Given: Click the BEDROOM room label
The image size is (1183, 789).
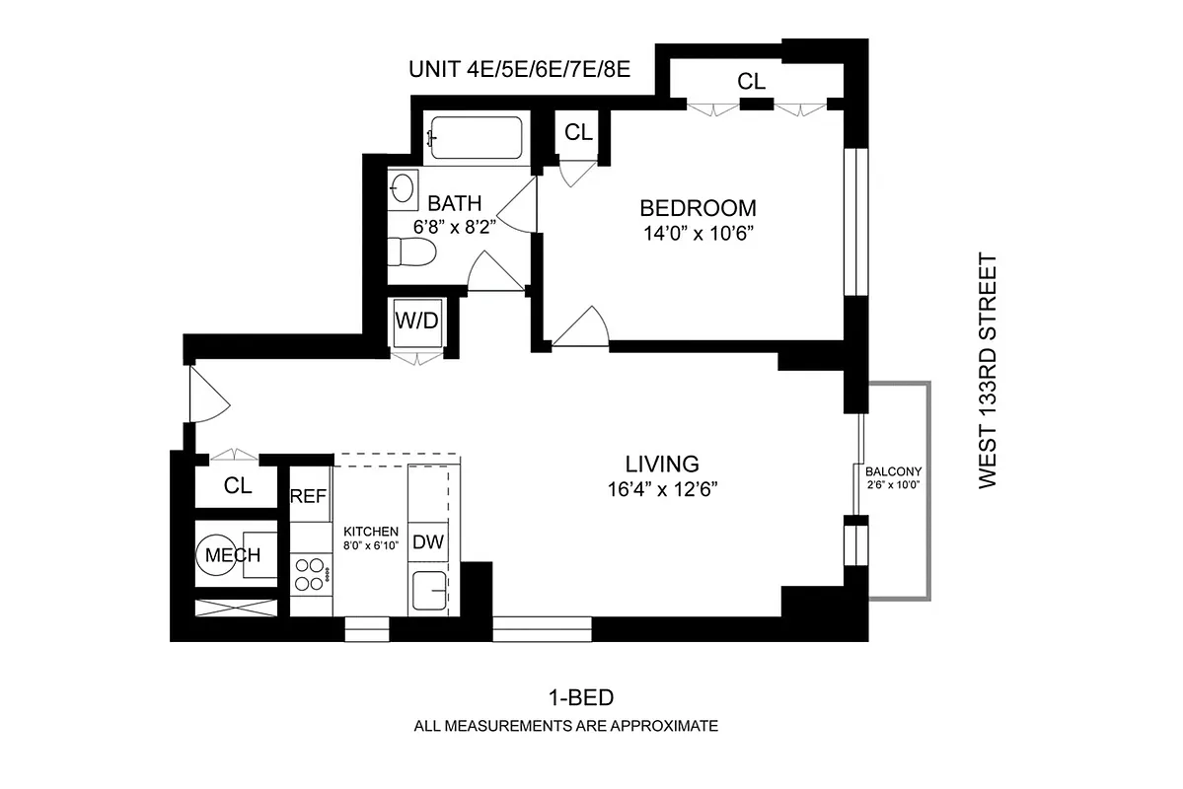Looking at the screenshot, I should pos(698,208).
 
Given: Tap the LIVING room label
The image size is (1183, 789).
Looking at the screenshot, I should pos(662,464).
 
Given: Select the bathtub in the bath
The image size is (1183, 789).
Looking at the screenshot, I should pos(476,139).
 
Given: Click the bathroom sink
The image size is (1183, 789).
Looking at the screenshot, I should pos(403,187).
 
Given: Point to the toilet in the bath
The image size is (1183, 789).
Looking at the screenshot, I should pos(409,254).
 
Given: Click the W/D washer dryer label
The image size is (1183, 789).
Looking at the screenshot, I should pos(415,321).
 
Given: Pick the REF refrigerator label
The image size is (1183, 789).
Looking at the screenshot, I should pos(308,497).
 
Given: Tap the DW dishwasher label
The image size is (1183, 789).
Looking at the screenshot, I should pos(427,541).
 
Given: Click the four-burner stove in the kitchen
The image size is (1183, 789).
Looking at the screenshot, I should pos(310,574).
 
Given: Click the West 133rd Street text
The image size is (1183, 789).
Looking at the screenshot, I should pos(988,370).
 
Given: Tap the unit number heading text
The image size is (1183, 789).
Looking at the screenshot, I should pos(519,70).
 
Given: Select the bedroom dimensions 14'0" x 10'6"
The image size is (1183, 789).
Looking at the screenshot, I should pos(698,234).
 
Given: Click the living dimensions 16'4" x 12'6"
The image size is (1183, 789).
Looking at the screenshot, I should pos(662,489).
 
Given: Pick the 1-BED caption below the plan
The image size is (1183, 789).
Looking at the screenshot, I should pos(581,698).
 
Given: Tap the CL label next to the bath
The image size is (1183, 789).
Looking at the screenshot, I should pos(578,132).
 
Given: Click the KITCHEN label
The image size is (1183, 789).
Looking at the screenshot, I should pos(370,531).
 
